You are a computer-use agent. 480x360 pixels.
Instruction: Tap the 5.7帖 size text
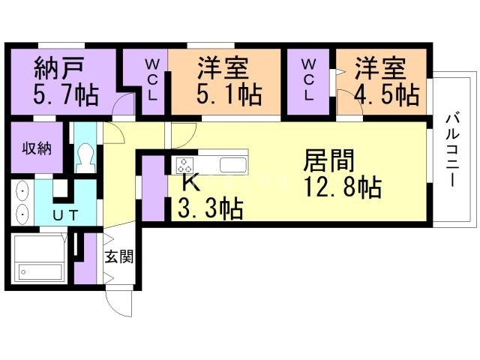pyautogui.click(x=63, y=96)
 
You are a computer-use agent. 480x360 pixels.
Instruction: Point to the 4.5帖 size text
pyautogui.click(x=386, y=96)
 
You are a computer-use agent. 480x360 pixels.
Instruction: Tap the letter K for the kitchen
pyautogui.click(x=188, y=182)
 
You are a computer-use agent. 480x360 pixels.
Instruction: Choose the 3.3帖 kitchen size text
pyautogui.click(x=210, y=208)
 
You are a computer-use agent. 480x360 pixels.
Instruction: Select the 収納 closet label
pyautogui.click(x=36, y=148)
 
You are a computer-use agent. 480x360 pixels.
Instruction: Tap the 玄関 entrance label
pyautogui.click(x=118, y=256)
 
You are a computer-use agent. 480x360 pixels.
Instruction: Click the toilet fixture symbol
pyautogui.click(x=85, y=157)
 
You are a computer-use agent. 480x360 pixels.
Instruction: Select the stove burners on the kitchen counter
pyautogui.click(x=185, y=164)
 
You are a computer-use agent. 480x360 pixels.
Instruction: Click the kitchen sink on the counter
pyautogui.click(x=232, y=164)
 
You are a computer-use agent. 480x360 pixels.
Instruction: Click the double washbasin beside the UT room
pyautogui.click(x=22, y=202)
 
